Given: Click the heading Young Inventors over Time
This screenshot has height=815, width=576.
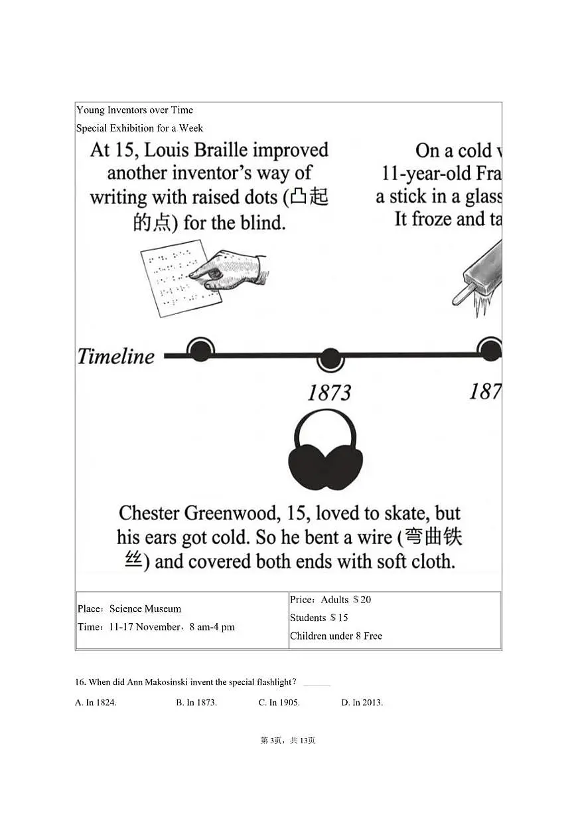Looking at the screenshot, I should [x=135, y=110].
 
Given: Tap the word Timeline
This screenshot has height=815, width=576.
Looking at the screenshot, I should [x=116, y=356].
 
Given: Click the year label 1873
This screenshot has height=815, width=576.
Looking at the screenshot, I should [x=329, y=393].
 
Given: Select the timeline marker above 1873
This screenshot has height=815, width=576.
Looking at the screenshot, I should [x=330, y=359].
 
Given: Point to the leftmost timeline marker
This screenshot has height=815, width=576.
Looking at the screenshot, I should [x=200, y=350].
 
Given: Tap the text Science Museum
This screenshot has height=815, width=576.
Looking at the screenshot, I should [x=145, y=608].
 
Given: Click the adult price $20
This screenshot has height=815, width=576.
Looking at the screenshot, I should [x=362, y=600].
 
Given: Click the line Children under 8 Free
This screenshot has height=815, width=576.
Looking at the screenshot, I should [x=336, y=636].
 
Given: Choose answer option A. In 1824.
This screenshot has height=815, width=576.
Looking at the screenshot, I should [x=96, y=702].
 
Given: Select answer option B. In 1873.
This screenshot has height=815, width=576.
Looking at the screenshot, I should [x=196, y=702].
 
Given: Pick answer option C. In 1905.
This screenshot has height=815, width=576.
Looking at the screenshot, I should [x=279, y=702].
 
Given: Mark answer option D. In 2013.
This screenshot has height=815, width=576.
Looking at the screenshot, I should [x=362, y=702].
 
